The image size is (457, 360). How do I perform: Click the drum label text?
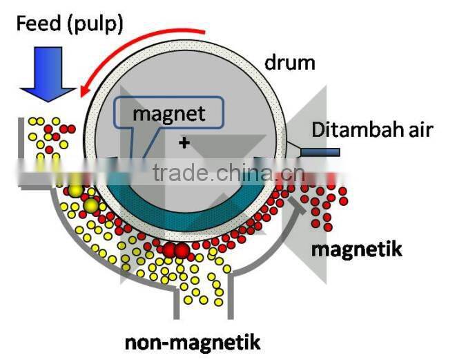click(x=290, y=64)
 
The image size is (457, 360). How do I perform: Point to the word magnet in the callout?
click(x=169, y=113)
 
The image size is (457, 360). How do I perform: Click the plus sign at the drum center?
click(x=184, y=143)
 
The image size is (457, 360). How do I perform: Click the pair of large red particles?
click(x=174, y=249)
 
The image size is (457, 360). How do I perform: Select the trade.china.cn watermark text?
click(x=226, y=173)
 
